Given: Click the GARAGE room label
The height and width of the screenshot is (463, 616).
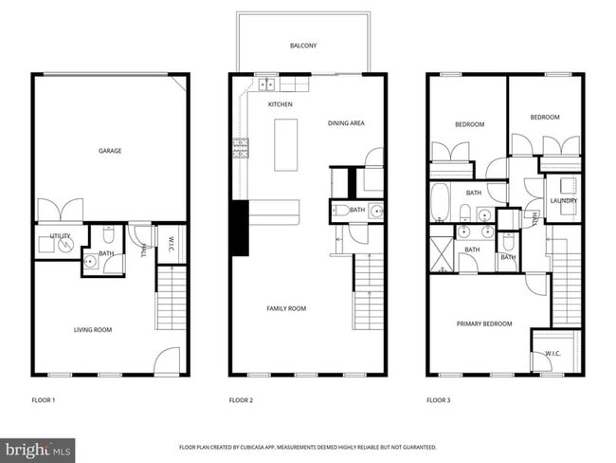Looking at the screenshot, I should click(x=110, y=151).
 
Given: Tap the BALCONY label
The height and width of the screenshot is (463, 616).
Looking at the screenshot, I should click(x=303, y=45).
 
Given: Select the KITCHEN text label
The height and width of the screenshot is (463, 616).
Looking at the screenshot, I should click(x=280, y=104).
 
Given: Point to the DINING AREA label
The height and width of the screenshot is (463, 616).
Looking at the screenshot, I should click(x=346, y=123).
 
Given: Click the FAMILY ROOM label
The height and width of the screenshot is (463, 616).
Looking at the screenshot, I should click(x=285, y=308).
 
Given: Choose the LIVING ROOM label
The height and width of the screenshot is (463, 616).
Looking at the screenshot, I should click(x=93, y=329).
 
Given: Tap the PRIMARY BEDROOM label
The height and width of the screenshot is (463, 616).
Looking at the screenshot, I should click(x=484, y=324).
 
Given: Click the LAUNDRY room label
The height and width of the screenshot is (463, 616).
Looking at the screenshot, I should click(x=564, y=201).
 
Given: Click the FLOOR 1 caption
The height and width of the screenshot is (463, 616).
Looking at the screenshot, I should click(x=44, y=400).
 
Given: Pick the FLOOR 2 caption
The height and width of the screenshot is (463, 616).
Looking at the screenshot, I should click(x=241, y=400).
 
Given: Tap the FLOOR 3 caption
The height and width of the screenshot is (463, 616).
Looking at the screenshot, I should click(x=438, y=400).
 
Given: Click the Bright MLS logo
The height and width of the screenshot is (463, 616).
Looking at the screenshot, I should click(x=38, y=448).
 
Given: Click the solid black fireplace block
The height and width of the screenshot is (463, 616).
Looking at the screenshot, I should click(x=240, y=229).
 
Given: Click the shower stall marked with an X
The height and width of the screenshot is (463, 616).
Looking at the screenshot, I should click(x=441, y=255).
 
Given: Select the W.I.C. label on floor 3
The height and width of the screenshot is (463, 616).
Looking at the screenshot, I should click(x=553, y=354).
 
